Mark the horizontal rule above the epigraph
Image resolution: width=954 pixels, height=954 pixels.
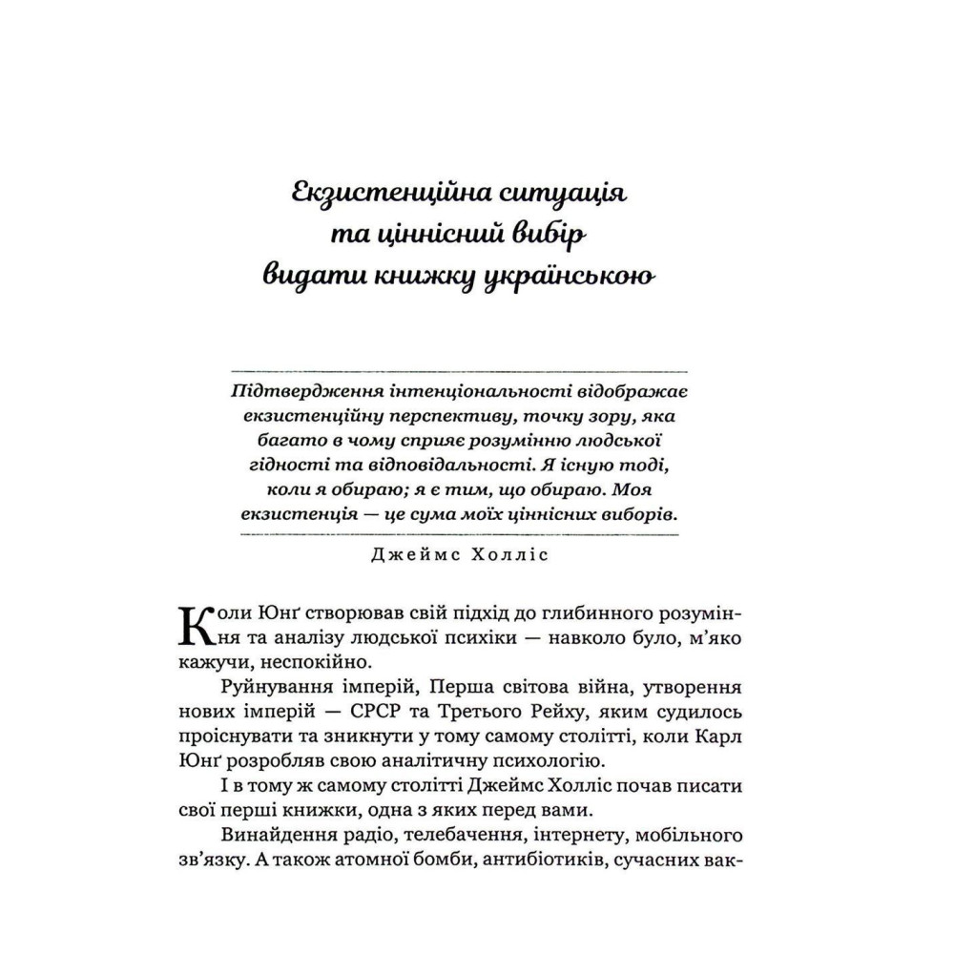[462, 369]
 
